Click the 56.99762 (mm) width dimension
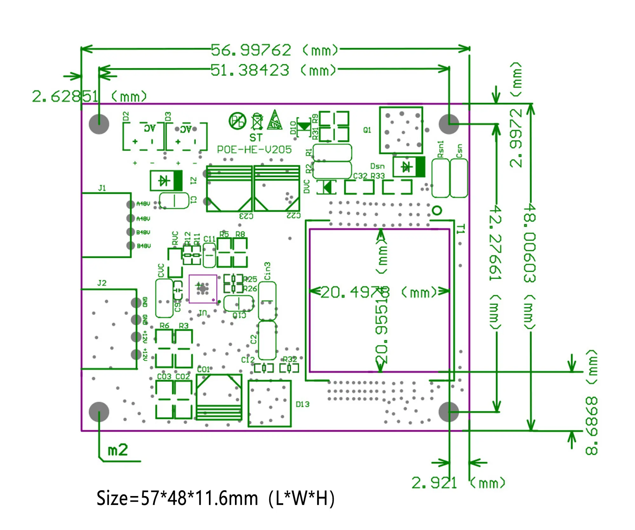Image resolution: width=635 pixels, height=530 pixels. pos(274,50)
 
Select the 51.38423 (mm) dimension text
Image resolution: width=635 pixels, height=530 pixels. pos(273,70)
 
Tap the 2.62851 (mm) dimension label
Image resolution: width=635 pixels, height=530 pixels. pos(89,96)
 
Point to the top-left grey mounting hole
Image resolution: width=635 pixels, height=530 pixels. pos(99,124)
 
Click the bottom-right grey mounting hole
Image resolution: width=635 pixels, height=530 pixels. pos(448,412)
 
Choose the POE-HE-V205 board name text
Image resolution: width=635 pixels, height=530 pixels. pos(254,150)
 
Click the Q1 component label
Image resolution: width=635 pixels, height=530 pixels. pos(367,130)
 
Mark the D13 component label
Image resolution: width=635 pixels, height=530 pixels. pos(302,404)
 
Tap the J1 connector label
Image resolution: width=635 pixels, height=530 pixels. pos(102,188)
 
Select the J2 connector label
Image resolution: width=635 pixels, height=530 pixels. pos(102,283)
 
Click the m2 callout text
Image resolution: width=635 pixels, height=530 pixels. pos(118,450)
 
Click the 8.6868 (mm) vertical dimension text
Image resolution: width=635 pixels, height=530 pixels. pos(592,403)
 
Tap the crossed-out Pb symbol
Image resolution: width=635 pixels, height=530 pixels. pos(237,121)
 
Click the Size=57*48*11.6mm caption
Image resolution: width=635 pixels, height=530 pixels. pos(215,498)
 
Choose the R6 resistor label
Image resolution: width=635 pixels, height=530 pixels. pos(164,325)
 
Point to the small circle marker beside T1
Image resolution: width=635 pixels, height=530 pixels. pos(437,210)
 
